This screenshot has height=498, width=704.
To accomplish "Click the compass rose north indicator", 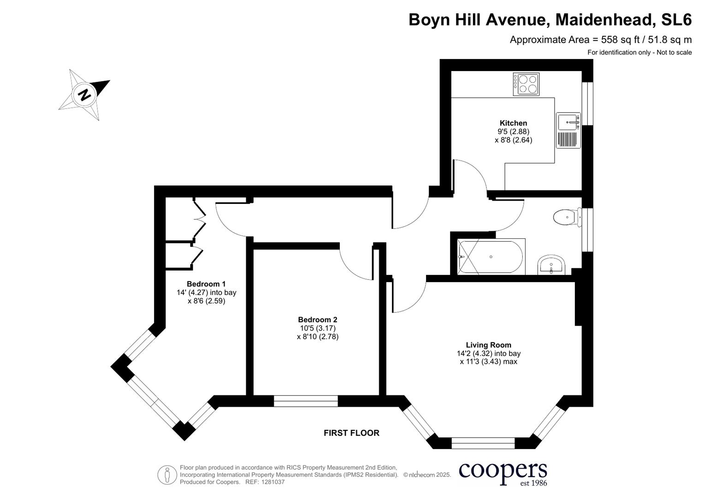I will tap(84, 95).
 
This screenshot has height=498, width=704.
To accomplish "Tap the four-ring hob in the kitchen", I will tap(526, 84).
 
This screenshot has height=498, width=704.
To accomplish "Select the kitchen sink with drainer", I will tap(568, 130).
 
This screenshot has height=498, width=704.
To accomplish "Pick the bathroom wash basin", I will tap(551, 265).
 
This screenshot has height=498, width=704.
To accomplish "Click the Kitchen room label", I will tap(513, 123).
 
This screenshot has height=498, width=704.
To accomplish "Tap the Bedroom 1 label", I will tap(206, 284).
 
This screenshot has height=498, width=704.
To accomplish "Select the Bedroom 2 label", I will tap(318, 320).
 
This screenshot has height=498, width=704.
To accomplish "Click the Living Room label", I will tap(488, 345).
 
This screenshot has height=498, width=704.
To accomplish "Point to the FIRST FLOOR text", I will tap(351, 433).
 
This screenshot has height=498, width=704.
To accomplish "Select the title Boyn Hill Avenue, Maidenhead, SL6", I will tap(550, 20).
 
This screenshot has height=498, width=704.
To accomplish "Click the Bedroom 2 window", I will tap(306, 401).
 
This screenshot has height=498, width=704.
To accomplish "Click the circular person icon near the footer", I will tap(167, 474).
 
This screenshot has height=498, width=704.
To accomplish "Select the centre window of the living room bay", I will tap(483, 443).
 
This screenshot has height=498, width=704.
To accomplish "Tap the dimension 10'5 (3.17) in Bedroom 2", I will tap(318, 328).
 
